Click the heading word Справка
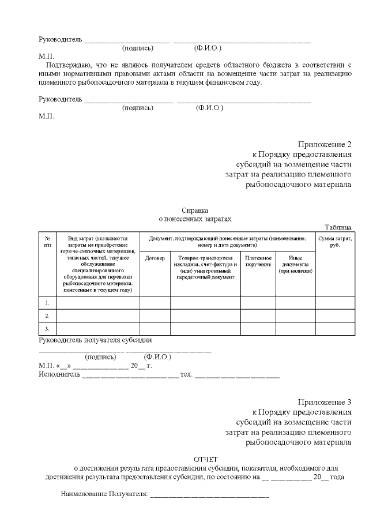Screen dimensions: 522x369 (x=194, y=211)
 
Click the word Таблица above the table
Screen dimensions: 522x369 (x=338, y=227)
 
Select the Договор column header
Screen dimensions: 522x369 (x=155, y=258)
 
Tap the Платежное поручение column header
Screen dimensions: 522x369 (x=258, y=261)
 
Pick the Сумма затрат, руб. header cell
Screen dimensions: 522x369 (x=334, y=241)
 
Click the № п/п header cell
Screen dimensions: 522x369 (x=47, y=241)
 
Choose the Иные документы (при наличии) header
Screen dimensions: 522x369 (x=295, y=264)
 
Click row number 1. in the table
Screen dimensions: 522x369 (x=47, y=302)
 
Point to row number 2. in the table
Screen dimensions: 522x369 (x=47, y=316)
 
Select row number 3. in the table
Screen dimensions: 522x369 (x=47, y=329)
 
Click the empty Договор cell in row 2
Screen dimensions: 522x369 (x=155, y=316)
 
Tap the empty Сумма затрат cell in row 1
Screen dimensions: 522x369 (x=334, y=302)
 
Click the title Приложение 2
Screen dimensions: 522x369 (x=325, y=144)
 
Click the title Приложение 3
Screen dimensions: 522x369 (x=325, y=402)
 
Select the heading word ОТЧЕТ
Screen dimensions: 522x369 (x=206, y=459)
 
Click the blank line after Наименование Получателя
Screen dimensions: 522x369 (x=209, y=495)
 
